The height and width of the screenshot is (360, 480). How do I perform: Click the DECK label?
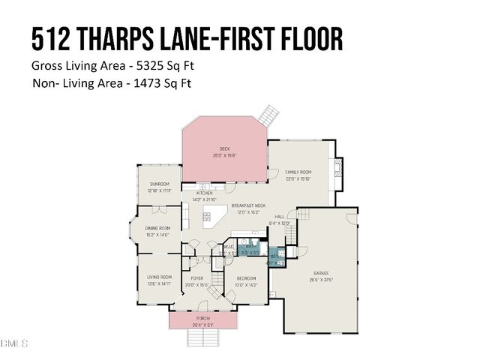pos(223,148)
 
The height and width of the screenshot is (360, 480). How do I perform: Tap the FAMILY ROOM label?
pos(298,172)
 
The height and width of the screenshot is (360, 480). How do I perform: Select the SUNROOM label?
pos(159,184)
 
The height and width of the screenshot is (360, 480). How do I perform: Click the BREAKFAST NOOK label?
pos(248,205)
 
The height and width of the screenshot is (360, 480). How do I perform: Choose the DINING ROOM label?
pos(157,228)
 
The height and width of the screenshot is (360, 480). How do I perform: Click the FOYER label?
pos(196,278)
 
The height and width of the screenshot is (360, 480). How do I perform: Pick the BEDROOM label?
pos(247,278)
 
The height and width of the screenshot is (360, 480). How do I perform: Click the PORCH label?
pos(203,318)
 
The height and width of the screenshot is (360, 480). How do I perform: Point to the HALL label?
pos(279,217)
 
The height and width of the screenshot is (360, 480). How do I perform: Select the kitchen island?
pos(215,218)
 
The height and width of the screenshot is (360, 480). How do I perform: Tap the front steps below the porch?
pos(203,338)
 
